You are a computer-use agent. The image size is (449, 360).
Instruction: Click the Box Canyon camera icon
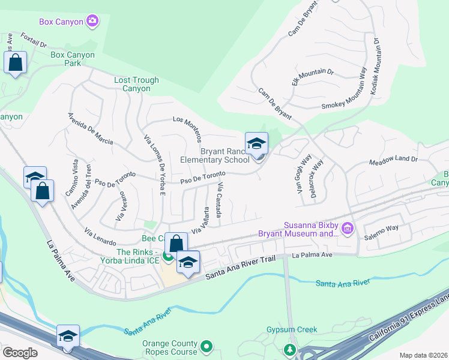92,22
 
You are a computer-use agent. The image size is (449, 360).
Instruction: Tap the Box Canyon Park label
73,59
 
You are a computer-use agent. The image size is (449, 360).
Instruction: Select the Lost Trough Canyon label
137,84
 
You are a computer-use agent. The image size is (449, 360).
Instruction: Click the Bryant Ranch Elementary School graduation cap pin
256,144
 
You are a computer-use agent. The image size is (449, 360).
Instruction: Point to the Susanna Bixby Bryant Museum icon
347,229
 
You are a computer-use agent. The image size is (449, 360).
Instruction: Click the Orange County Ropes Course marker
207,346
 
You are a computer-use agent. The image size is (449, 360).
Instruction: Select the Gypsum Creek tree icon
291,349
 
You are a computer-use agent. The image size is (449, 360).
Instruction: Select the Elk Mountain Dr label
313,76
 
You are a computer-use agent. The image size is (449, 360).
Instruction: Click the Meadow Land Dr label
393,160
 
